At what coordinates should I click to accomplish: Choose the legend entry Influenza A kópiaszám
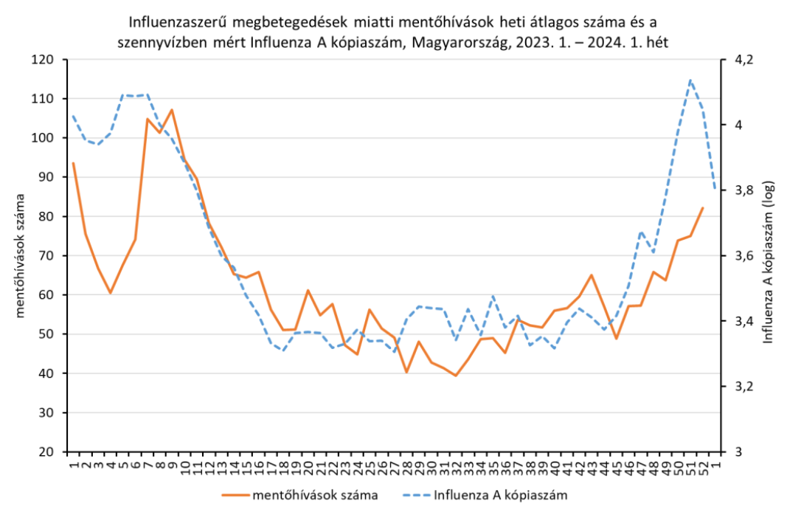click(x=501, y=495)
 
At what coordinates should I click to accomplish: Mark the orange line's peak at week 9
click(x=172, y=110)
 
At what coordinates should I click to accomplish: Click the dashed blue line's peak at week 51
click(x=690, y=80)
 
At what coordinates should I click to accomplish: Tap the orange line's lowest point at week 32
click(x=456, y=376)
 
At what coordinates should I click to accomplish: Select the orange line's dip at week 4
click(x=110, y=293)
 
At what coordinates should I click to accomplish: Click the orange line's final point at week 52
click(x=702, y=208)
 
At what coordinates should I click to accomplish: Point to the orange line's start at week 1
click(x=73, y=163)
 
